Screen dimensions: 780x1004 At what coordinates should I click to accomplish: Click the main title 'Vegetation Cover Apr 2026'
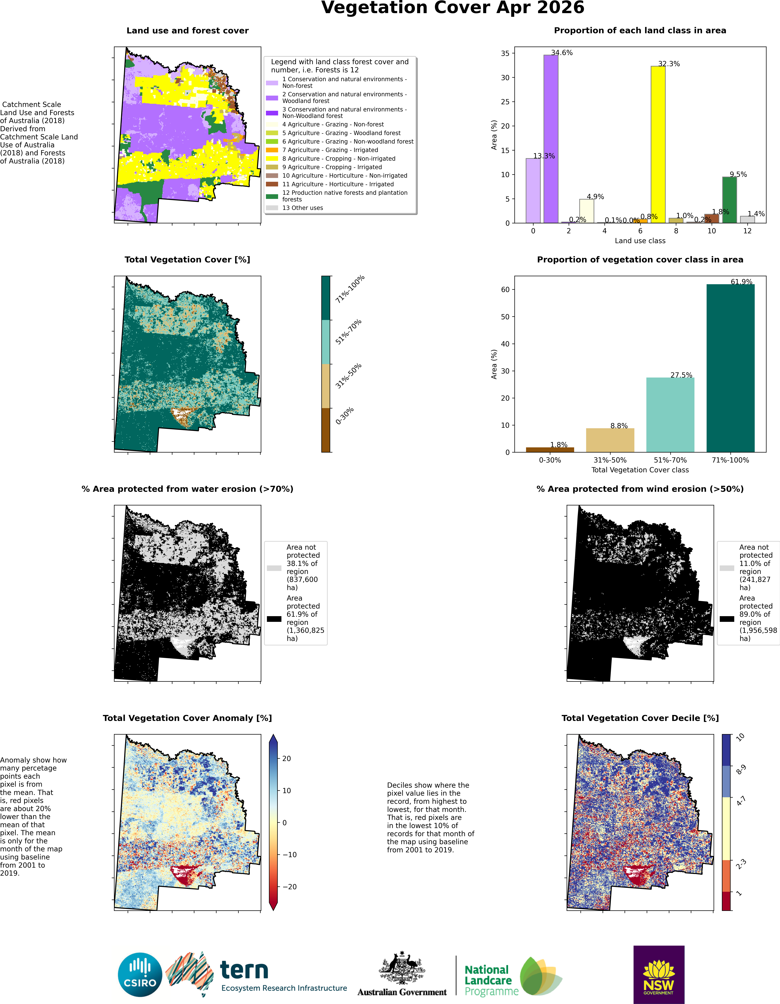click(452, 8)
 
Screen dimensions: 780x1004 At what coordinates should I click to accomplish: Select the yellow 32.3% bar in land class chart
click(658, 144)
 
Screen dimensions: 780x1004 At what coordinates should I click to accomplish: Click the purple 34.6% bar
click(551, 139)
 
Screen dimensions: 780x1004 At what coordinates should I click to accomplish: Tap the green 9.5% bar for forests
click(729, 200)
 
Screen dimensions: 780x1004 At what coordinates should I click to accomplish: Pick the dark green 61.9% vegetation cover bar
click(730, 368)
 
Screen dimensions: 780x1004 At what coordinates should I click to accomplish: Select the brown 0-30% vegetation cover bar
click(550, 450)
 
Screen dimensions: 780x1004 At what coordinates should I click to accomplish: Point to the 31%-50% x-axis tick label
click(610, 460)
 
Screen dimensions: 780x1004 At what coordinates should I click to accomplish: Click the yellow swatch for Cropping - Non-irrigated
click(272, 159)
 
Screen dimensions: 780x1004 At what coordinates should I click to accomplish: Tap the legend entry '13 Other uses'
click(303, 208)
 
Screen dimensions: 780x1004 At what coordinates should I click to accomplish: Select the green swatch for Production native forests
click(272, 196)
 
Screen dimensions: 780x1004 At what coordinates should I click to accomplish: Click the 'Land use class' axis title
click(640, 241)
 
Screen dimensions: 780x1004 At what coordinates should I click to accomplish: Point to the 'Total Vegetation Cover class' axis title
click(640, 470)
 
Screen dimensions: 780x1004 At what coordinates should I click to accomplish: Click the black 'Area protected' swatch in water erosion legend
click(274, 619)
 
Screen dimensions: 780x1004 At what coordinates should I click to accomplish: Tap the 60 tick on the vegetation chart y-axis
click(505, 290)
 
